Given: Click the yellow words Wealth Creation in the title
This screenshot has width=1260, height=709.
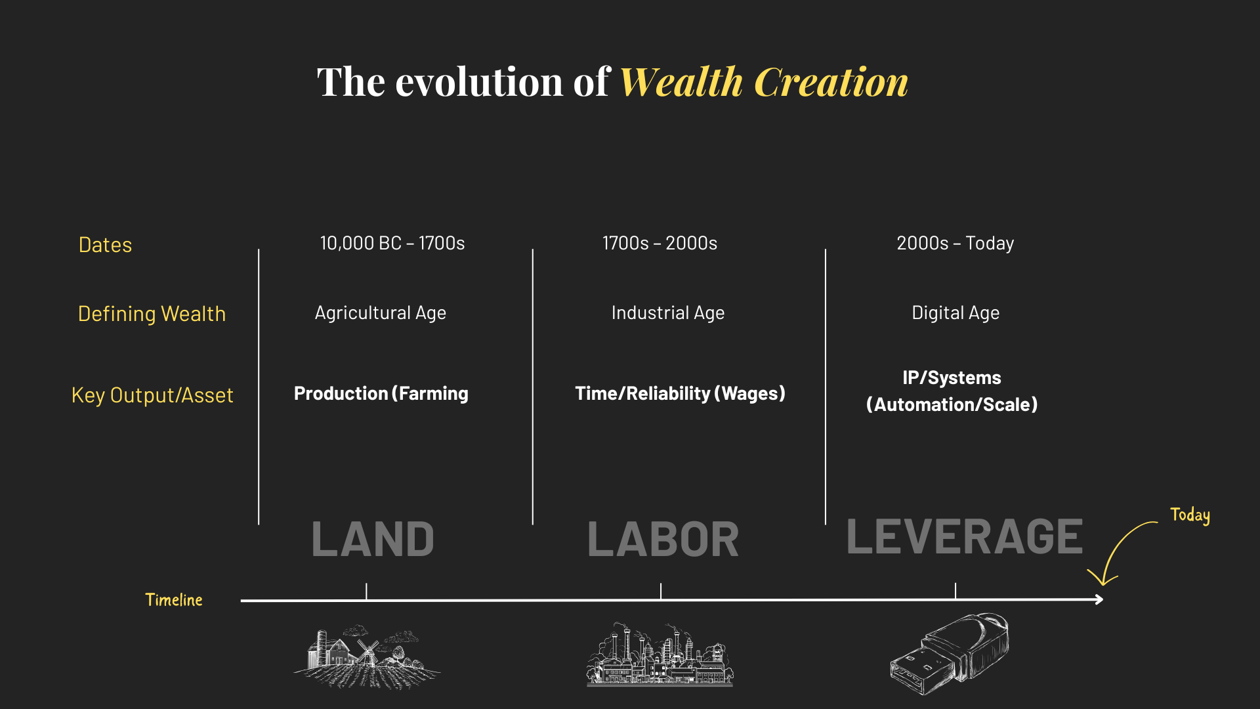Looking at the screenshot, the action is tap(764, 82).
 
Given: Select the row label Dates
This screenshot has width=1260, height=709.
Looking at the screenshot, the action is tap(105, 245).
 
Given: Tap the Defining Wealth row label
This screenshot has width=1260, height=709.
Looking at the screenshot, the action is tap(152, 314).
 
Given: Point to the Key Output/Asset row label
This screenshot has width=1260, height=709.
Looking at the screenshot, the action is tap(152, 395).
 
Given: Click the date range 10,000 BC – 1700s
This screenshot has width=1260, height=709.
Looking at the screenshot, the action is tap(392, 243).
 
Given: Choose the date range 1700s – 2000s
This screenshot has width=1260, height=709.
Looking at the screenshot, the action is tap(660, 243).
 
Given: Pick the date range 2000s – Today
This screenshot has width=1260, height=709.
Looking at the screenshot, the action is tap(955, 244).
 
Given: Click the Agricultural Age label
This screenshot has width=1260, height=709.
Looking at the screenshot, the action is tap(381, 313).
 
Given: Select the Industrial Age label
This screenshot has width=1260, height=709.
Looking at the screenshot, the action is tap(668, 313).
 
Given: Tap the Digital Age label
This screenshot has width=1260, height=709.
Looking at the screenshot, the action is tap(955, 313).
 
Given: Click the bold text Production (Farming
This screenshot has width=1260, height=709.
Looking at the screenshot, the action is tap(381, 393).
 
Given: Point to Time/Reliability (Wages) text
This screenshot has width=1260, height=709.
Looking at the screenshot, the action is tap(680, 393).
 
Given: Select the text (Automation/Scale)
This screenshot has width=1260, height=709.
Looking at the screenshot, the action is tap(952, 404).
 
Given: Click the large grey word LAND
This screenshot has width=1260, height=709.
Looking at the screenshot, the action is tap(373, 540).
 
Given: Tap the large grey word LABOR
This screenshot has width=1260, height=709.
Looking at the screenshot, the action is tap(663, 540).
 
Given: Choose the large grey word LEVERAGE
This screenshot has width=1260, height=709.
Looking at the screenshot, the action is tap(965, 536).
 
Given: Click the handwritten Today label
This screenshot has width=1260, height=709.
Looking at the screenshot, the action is tap(1190, 515).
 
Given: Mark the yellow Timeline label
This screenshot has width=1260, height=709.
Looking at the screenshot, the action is tap(174, 600).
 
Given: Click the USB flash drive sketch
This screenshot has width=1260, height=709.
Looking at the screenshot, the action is tap(950, 653).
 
